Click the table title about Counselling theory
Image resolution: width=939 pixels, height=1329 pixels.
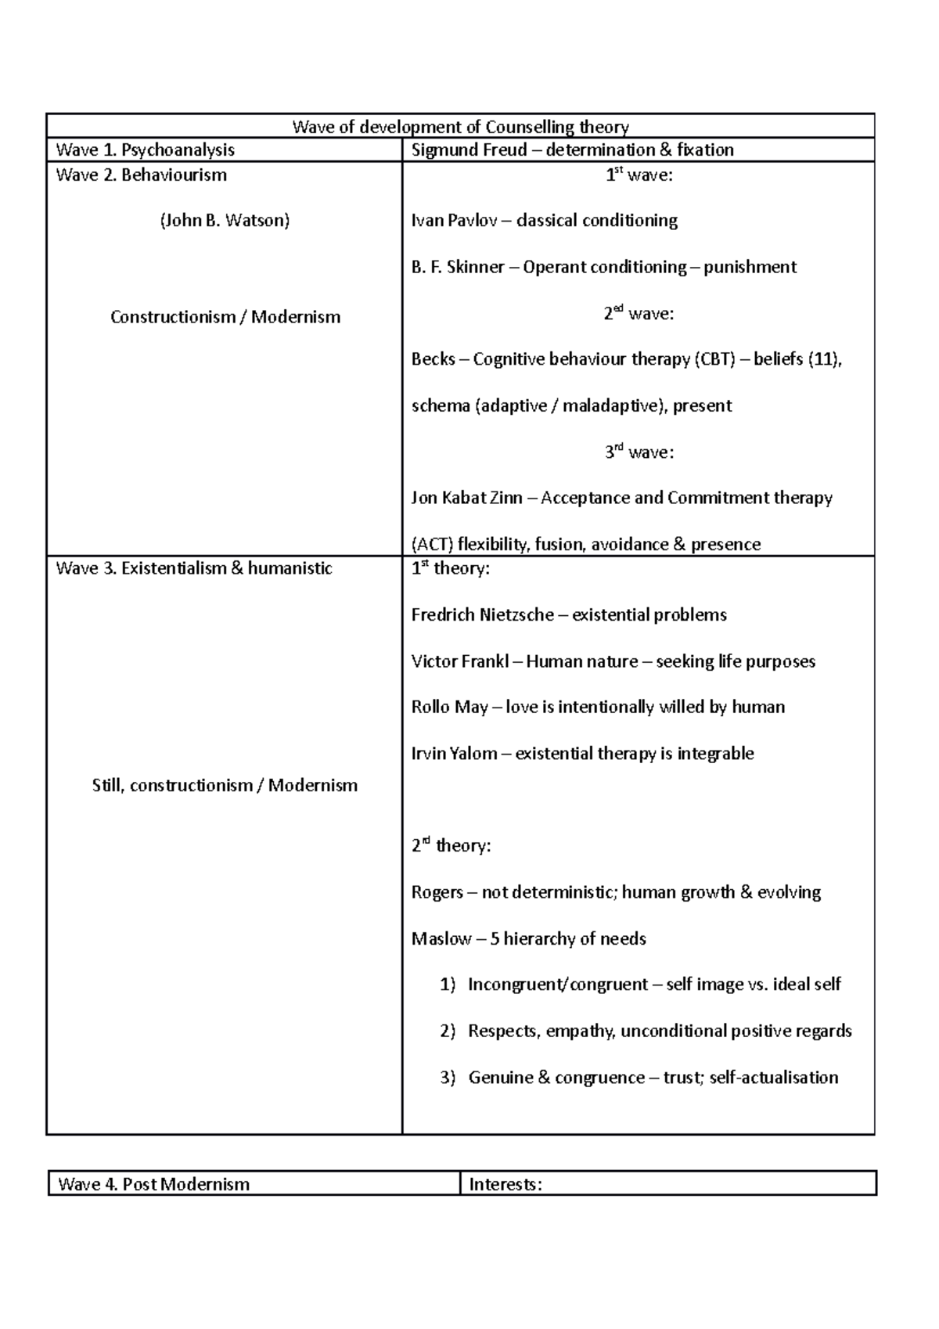[460, 127]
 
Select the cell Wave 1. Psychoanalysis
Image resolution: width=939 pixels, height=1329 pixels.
[146, 149]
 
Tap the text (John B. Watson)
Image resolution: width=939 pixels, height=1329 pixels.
[225, 221]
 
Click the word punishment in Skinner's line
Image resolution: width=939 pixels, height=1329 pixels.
[750, 267]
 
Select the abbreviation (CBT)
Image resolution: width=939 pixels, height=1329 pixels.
[714, 359]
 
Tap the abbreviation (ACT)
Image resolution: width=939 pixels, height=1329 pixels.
[432, 544]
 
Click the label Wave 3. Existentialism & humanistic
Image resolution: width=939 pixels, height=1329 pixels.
[194, 568]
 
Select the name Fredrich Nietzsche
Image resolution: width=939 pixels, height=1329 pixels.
[482, 614]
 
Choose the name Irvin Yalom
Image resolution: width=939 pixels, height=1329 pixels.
[454, 754]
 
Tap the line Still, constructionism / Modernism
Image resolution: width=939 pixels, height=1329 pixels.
[225, 785]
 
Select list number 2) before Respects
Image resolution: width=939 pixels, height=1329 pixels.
[448, 1031]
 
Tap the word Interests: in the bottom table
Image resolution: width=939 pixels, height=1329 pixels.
[505, 1184]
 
